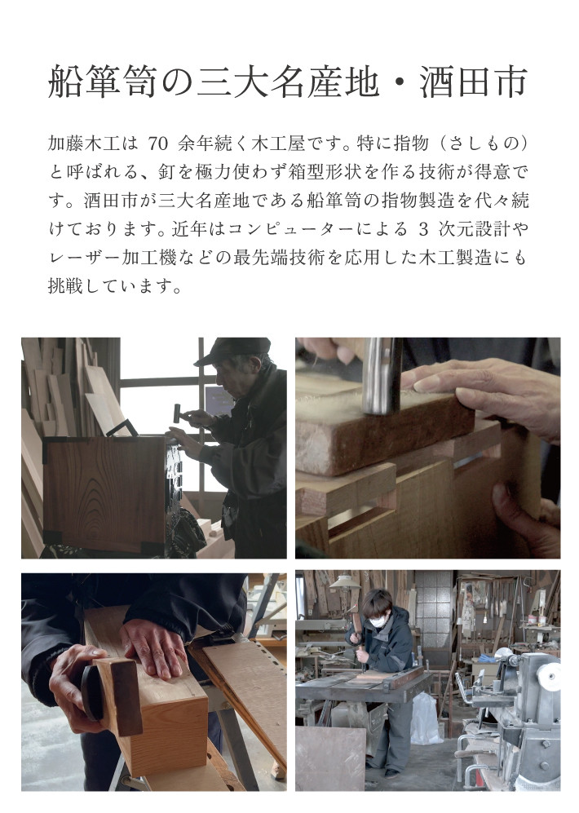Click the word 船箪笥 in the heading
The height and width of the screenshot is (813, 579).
(x=102, y=82)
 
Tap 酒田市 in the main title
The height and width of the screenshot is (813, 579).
(x=475, y=82)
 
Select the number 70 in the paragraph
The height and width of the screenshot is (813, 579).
(x=158, y=144)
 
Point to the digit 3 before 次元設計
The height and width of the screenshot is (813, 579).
(x=423, y=229)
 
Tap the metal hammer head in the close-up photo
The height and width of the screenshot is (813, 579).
(x=382, y=375)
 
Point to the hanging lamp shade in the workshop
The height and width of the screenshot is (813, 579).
(x=345, y=581)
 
